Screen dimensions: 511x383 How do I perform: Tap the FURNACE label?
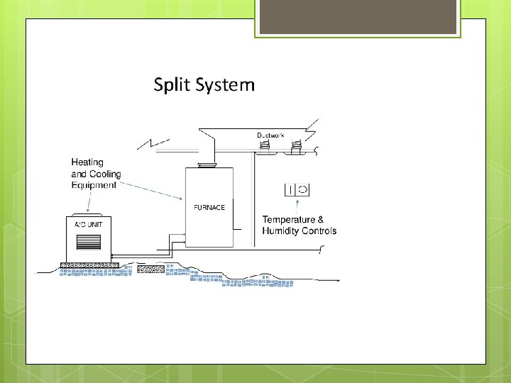pos(209,208)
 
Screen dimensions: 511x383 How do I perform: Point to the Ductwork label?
pos(270,135)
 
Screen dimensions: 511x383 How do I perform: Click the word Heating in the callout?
pos(87,163)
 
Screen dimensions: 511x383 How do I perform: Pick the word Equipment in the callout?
pos(94,185)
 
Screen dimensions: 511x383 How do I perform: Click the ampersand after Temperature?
pos(320,220)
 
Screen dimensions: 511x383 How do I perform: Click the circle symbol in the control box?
pos(302,189)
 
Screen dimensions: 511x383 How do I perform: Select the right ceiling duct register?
pos(296,148)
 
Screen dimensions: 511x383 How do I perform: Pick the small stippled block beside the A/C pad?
pos(149,269)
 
